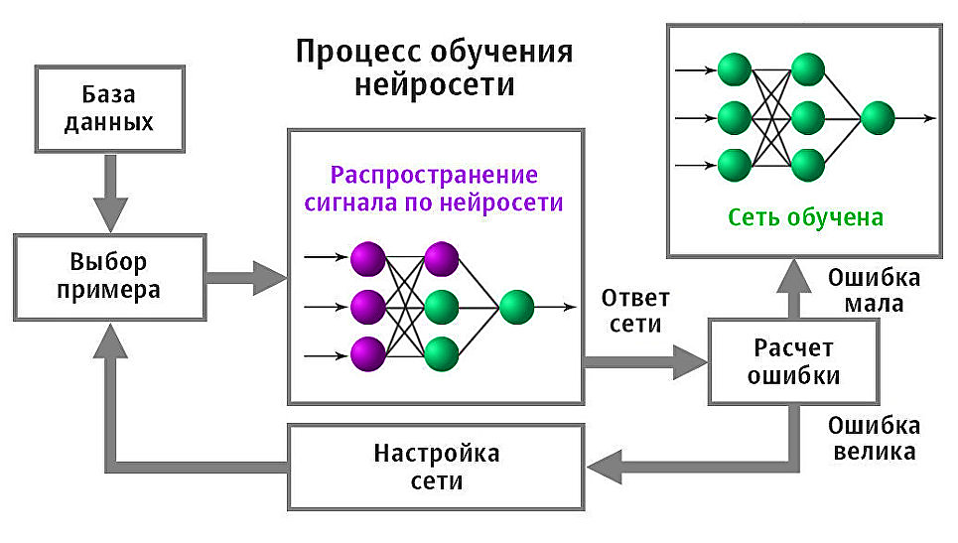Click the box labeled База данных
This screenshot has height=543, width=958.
(109, 109)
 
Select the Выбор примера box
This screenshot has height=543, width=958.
(109, 277)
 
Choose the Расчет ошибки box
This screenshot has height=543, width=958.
(792, 362)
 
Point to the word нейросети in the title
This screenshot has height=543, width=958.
(435, 84)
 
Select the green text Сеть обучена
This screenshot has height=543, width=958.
(805, 217)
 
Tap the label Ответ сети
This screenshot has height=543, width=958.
(635, 311)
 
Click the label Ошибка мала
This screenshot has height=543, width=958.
(874, 290)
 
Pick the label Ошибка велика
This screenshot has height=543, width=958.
(874, 439)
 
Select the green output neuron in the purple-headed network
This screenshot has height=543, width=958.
(516, 308)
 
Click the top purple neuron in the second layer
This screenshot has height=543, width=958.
(441, 259)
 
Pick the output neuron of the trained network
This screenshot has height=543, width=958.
(878, 117)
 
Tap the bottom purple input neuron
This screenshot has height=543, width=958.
(367, 352)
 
